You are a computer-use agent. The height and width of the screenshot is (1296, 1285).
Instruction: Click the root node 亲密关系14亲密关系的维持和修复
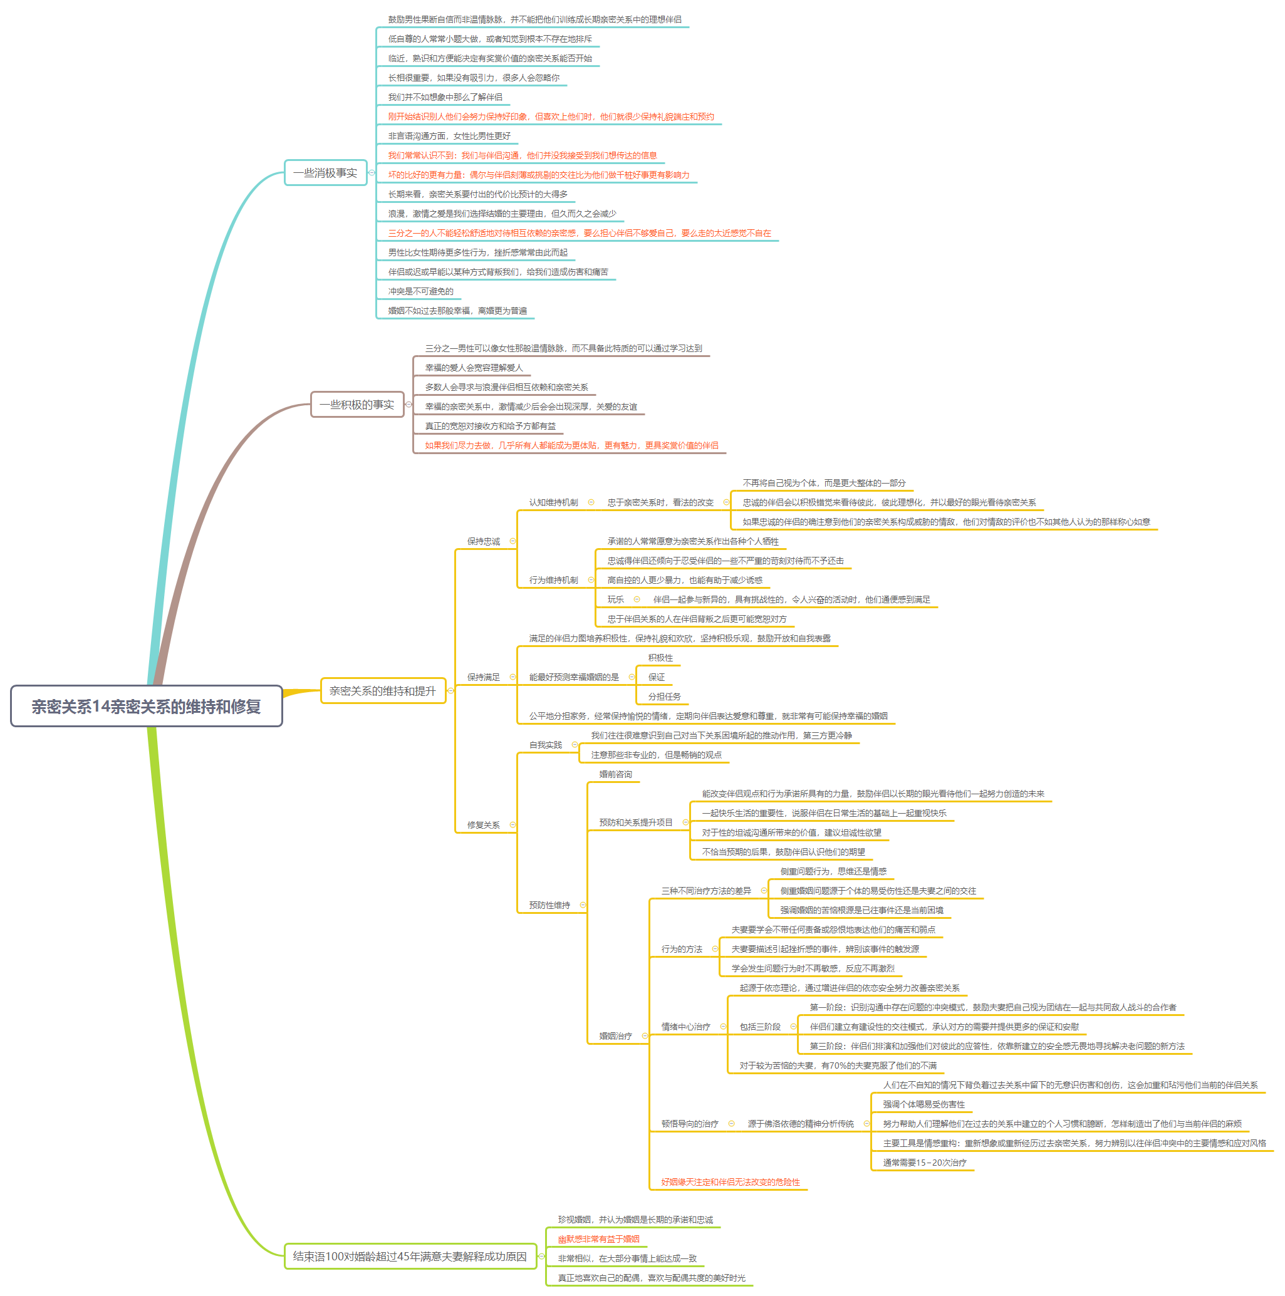[x=145, y=706]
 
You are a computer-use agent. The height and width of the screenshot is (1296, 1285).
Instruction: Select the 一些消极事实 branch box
[x=325, y=172]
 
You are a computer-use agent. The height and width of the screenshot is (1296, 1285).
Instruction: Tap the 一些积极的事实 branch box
[x=357, y=405]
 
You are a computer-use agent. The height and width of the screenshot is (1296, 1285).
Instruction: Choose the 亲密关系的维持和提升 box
[x=382, y=690]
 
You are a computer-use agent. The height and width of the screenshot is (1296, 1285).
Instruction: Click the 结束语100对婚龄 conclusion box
[x=410, y=1256]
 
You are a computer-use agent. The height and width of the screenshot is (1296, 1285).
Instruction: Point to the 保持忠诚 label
[x=483, y=541]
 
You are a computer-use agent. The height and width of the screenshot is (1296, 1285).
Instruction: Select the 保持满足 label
[x=483, y=677]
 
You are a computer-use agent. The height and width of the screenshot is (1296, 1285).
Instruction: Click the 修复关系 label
[x=483, y=824]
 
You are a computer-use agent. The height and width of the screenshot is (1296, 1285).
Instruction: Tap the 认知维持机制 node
[x=553, y=502]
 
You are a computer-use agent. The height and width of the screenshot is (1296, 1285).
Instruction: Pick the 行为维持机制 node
[x=553, y=579]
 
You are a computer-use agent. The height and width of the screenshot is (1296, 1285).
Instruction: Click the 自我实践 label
[x=545, y=745]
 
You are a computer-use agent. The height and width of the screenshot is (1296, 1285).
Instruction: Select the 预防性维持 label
[x=549, y=905]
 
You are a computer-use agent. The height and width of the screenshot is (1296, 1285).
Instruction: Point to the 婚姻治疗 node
[x=615, y=1035]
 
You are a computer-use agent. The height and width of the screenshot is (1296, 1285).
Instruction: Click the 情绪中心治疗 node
[x=685, y=1026]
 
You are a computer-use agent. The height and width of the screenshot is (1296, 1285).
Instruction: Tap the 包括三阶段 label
[x=759, y=1026]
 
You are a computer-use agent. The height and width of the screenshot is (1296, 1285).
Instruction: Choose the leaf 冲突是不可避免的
[x=421, y=291]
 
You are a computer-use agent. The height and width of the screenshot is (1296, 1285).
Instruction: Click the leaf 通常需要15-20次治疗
[x=924, y=1163]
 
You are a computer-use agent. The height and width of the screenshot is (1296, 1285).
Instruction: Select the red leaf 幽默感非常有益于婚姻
[x=598, y=1239]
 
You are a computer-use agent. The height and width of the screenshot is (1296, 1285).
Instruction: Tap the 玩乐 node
[x=615, y=599]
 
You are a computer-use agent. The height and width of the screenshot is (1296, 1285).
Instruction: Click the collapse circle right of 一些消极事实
[x=372, y=172]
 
